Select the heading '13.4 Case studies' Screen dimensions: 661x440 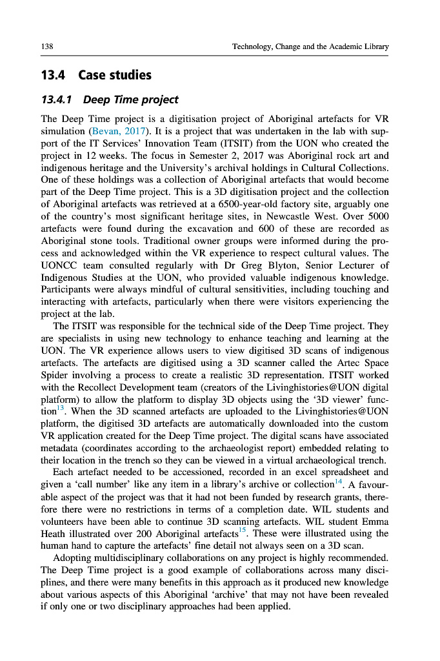point(96,76)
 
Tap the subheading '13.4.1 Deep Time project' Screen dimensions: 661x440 point(110,99)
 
